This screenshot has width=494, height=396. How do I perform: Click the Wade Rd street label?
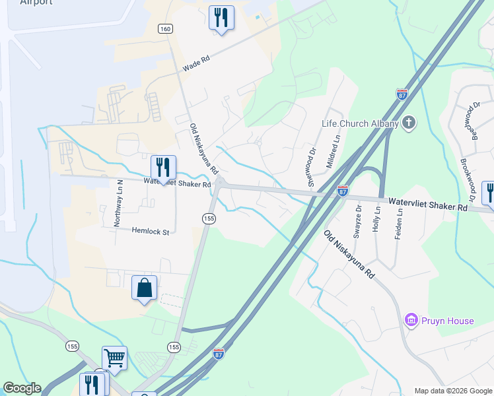[x=196, y=63]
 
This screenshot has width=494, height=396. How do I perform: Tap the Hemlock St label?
[x=151, y=231]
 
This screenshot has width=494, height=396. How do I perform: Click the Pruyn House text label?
[x=447, y=321]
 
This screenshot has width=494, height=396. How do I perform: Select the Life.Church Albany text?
[x=360, y=123]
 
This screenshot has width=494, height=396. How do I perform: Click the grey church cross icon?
[x=409, y=122]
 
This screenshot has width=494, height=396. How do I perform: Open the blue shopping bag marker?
[x=145, y=288]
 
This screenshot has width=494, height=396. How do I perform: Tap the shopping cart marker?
[x=114, y=358]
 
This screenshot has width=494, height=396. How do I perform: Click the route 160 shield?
[x=165, y=29]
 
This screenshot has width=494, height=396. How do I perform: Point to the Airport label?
[x=36, y=3]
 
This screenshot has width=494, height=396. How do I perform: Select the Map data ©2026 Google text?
[x=452, y=391]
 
